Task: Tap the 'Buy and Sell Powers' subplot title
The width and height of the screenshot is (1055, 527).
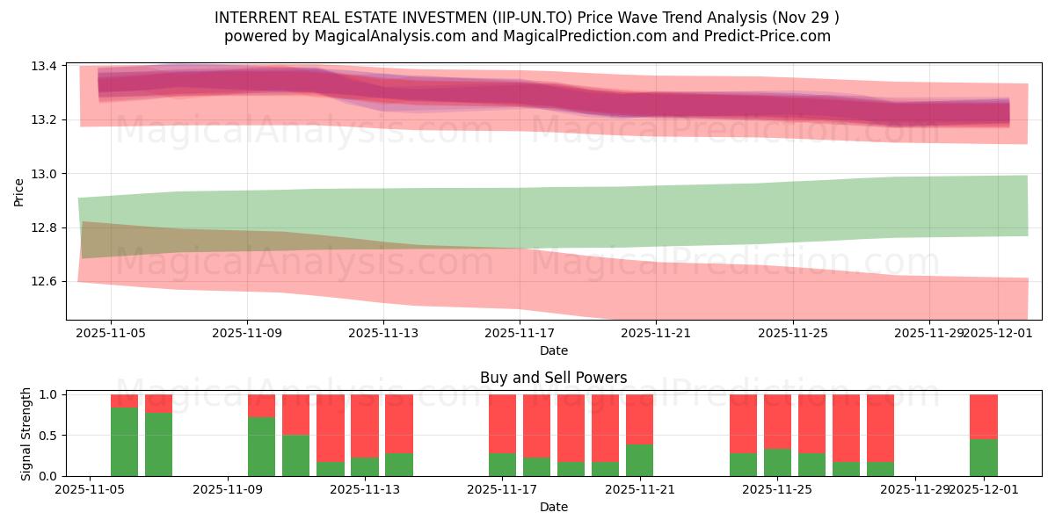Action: pyautogui.click(x=553, y=379)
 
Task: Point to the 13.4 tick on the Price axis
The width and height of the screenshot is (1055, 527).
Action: pyautogui.click(x=47, y=67)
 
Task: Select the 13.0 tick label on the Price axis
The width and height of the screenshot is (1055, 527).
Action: pyautogui.click(x=47, y=174)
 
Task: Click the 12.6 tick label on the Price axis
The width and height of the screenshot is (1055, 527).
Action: pyautogui.click(x=47, y=282)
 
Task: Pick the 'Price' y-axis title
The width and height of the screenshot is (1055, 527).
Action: pyautogui.click(x=19, y=191)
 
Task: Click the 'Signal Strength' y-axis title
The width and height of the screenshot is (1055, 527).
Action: pyautogui.click(x=26, y=433)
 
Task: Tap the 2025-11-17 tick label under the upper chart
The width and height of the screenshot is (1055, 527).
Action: pyautogui.click(x=520, y=334)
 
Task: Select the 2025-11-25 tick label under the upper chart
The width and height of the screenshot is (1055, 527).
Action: pyautogui.click(x=793, y=334)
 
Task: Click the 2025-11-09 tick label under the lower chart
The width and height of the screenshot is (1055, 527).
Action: pyautogui.click(x=228, y=489)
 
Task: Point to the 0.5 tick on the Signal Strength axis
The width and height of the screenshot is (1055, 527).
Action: pyautogui.click(x=50, y=436)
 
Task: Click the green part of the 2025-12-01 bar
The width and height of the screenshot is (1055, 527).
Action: pyautogui.click(x=984, y=458)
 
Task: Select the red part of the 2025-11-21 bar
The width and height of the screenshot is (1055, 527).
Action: pyautogui.click(x=640, y=419)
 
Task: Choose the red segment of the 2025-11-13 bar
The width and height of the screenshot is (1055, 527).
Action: pyautogui.click(x=399, y=423)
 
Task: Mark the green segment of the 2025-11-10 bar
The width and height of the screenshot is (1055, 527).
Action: pyautogui.click(x=262, y=447)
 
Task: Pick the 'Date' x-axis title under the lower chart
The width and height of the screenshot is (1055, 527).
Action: pyautogui.click(x=553, y=507)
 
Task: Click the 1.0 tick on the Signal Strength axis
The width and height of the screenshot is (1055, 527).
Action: pyautogui.click(x=50, y=395)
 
